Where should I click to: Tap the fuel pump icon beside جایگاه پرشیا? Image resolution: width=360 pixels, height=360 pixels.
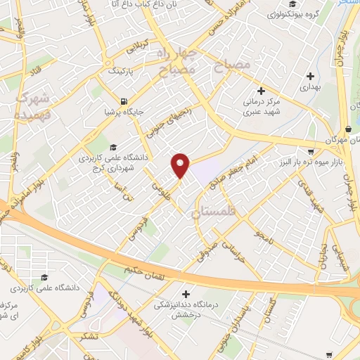[124, 101]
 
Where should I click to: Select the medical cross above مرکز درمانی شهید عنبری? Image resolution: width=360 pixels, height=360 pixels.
[260, 91]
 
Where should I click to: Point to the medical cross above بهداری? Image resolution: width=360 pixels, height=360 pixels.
[310, 76]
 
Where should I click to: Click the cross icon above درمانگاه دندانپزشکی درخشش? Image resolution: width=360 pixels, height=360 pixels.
[186, 294]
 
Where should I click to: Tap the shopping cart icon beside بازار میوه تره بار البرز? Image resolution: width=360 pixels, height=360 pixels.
[311, 151]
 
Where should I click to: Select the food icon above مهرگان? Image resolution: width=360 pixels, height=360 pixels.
[349, 129]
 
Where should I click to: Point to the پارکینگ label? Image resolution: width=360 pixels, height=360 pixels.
[120, 71]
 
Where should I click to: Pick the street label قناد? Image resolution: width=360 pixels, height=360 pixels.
[33, 70]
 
